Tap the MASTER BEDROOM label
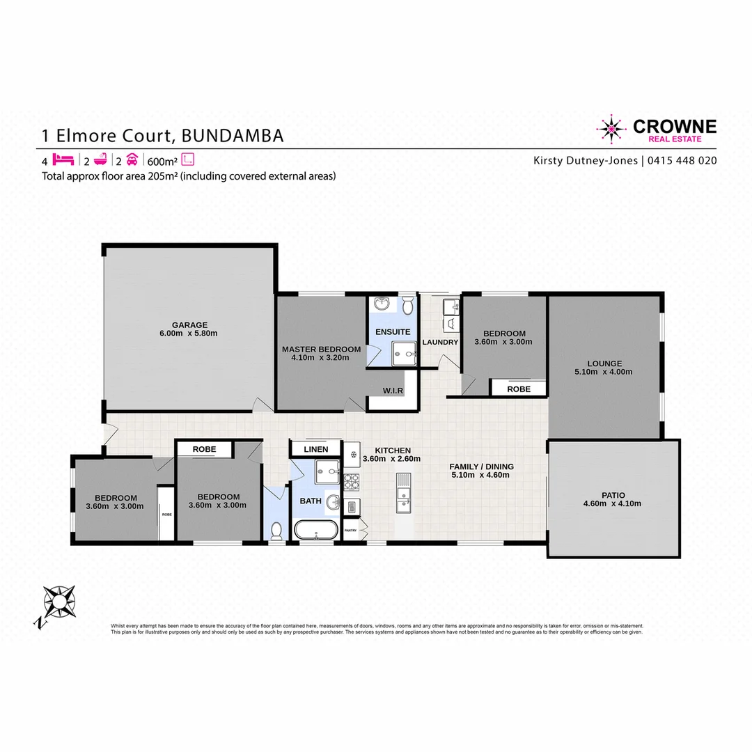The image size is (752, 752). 321,349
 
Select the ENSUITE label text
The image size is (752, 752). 393,332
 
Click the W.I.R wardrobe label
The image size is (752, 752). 393,391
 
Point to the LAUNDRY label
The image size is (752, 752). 441,343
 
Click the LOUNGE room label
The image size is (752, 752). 604,363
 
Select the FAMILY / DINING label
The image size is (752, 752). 481,467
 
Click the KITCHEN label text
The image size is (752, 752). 393,451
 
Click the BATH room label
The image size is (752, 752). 310,501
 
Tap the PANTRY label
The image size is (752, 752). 350,531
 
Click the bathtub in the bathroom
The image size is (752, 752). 316,531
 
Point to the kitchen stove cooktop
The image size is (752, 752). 350,480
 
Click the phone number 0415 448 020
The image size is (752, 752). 682,160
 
